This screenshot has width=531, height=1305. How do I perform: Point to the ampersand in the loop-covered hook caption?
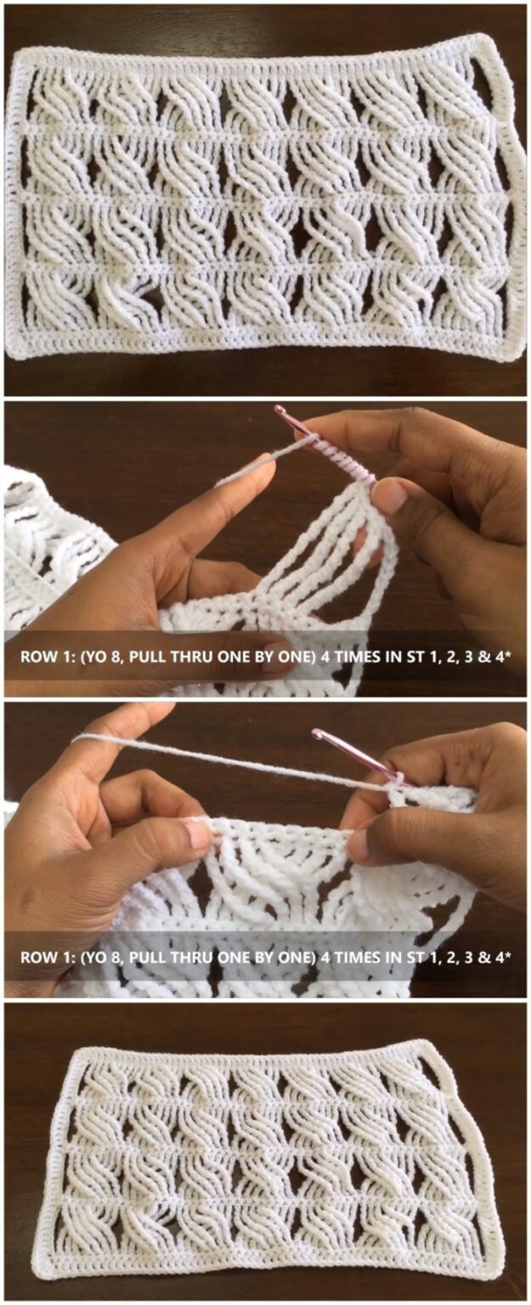coord(482,657)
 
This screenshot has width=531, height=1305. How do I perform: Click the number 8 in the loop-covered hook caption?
coord(118,657)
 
